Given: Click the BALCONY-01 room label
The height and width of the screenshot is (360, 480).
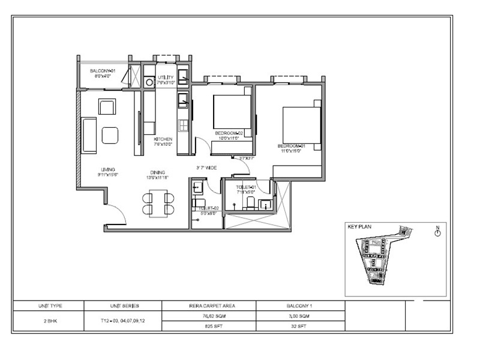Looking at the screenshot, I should [x=102, y=71].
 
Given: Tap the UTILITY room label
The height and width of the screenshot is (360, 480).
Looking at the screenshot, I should [x=166, y=77].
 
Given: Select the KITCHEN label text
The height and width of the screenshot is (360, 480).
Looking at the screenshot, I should [x=163, y=139].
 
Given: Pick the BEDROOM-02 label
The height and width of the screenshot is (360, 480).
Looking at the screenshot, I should [x=228, y=133].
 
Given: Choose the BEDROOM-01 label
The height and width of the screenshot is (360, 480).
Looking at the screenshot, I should [x=292, y=146].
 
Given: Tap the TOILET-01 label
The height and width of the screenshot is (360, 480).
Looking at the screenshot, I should [x=246, y=187].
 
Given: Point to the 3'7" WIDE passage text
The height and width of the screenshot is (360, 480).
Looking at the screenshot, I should [x=206, y=167].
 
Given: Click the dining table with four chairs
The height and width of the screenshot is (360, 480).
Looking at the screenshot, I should [x=158, y=203].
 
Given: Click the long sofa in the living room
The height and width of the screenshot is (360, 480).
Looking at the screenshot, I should [x=89, y=135].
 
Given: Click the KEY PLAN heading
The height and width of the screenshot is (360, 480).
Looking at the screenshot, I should [x=361, y=227].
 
